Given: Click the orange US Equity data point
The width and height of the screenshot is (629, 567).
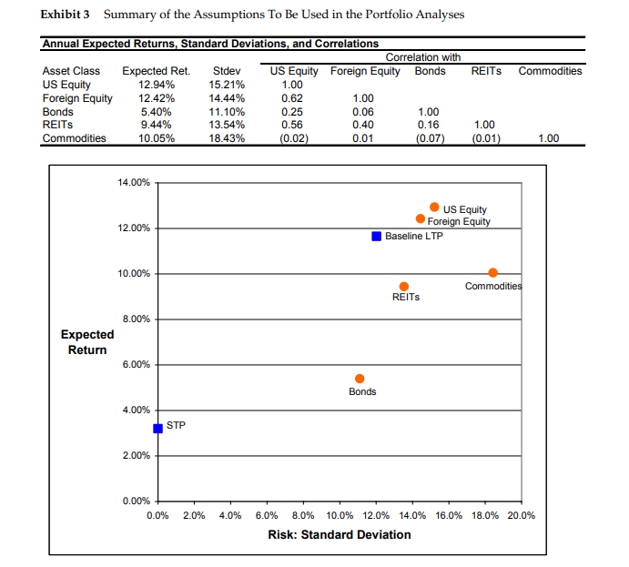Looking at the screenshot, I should click(x=434, y=208).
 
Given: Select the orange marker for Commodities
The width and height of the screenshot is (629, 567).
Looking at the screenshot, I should click(x=492, y=273).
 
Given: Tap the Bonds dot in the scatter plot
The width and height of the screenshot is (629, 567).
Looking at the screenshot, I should click(x=360, y=379).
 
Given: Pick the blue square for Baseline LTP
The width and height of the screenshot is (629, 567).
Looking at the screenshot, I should click(x=376, y=237).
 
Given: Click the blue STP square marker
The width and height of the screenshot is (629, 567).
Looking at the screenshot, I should click(x=157, y=428).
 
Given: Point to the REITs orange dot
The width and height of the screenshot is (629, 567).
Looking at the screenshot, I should click(x=404, y=287).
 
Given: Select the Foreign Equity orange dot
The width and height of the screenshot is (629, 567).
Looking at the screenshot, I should click(x=421, y=219).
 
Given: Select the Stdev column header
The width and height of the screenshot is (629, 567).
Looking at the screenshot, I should click(x=226, y=71).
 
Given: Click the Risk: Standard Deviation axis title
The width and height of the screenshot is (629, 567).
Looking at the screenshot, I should click(x=340, y=534).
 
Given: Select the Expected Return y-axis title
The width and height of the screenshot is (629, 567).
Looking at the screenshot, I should click(x=87, y=342).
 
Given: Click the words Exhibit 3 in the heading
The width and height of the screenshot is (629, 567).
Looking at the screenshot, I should click(x=67, y=15).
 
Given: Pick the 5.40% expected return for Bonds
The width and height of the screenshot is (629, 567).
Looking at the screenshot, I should click(x=151, y=112).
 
